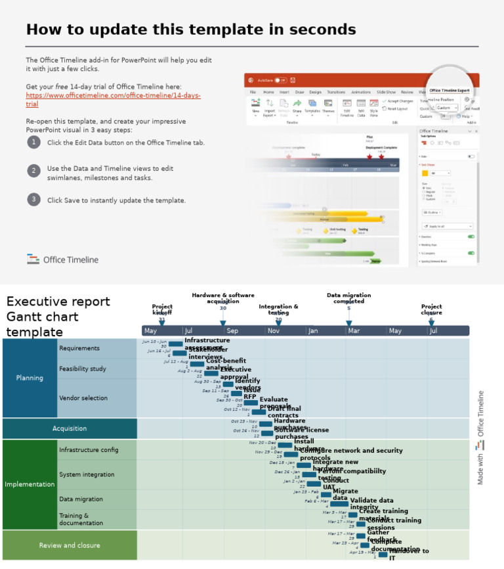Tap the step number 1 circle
click(33, 143)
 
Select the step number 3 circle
click(33, 200)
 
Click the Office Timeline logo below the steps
click(62, 260)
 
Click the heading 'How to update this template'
click(191, 30)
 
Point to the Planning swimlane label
click(30, 378)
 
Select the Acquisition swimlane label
click(70, 428)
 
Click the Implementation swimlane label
click(30, 484)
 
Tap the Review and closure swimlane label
click(69, 545)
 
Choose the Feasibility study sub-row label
click(83, 369)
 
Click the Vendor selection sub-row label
click(83, 398)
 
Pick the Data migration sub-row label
click(81, 499)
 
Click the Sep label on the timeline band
click(232, 330)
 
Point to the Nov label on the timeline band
click(273, 330)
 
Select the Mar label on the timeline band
click(354, 330)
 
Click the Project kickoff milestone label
click(162, 309)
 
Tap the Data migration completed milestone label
click(348, 298)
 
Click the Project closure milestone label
click(431, 309)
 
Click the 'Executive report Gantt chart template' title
click(58, 317)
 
